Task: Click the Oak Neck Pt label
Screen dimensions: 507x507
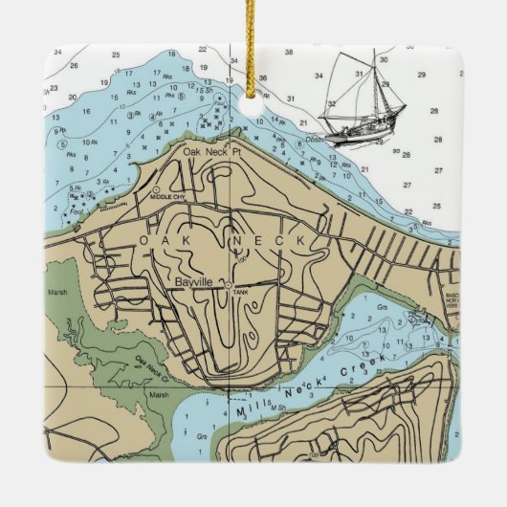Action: tap(209, 151)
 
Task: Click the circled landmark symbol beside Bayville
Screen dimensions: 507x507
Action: tap(227, 283)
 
